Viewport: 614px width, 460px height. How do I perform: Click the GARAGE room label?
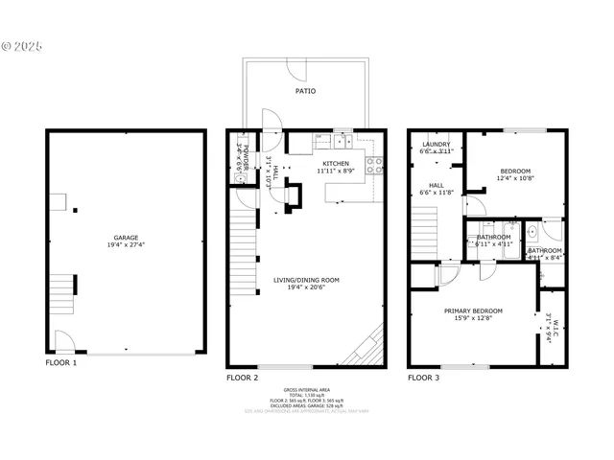tap(126, 238)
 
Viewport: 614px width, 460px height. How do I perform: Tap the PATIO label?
tap(305, 91)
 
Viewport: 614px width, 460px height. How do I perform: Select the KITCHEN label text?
tap(336, 164)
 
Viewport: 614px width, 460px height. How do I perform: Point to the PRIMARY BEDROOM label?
tap(473, 311)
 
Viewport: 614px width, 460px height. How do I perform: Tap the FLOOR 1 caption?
tap(61, 363)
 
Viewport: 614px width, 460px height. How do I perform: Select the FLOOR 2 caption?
tap(242, 378)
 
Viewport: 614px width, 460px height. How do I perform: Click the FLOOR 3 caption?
tap(423, 378)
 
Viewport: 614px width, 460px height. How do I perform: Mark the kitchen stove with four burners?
tap(376, 165)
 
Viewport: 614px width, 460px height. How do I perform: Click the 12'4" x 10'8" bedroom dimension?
tap(515, 178)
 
